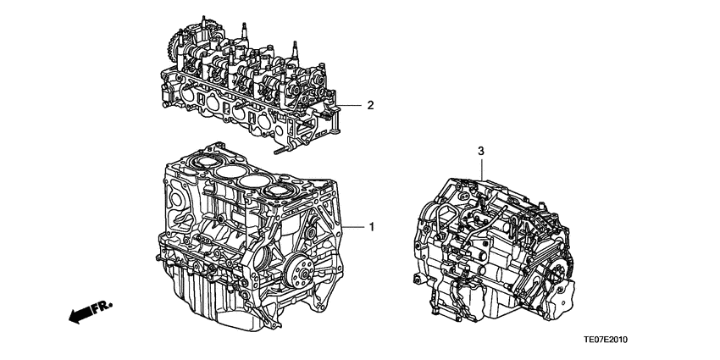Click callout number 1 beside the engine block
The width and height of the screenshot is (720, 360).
(x=370, y=227)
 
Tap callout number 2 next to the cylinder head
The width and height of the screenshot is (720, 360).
(x=369, y=106)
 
